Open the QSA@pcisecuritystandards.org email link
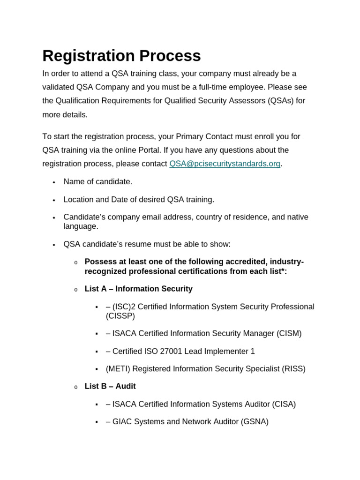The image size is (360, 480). (x=225, y=164)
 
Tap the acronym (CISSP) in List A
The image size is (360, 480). (x=120, y=316)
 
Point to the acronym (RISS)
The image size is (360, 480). (x=293, y=368)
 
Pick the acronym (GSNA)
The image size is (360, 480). (x=255, y=421)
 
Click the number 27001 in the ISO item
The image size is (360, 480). (x=180, y=351)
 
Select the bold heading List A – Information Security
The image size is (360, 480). (x=138, y=289)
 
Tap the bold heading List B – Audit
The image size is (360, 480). (x=110, y=386)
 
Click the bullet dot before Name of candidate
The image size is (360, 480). (x=54, y=182)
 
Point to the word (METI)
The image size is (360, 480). (x=118, y=368)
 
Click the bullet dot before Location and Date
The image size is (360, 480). (x=54, y=200)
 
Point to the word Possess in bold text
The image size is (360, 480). (x=99, y=262)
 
